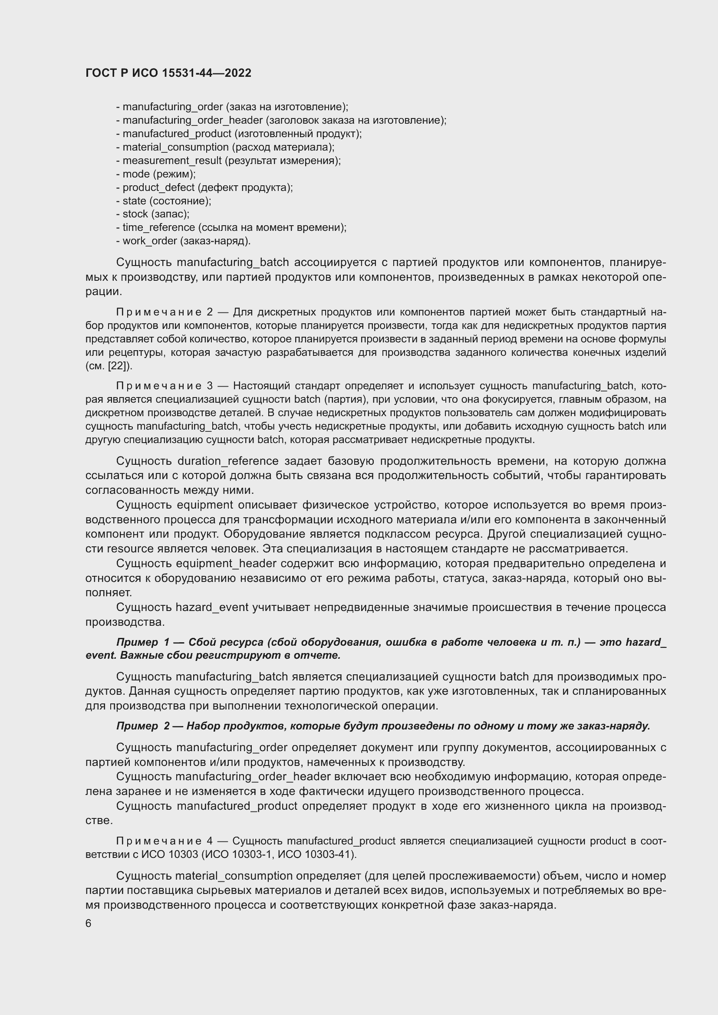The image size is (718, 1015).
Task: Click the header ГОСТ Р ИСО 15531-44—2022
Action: pyautogui.click(x=168, y=73)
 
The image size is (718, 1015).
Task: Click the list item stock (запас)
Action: pyautogui.click(x=152, y=214)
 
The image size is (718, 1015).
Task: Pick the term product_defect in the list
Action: pyautogui.click(x=158, y=187)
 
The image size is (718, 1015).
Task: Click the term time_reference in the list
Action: pyautogui.click(x=158, y=228)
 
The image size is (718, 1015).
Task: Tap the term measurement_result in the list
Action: pyautogui.click(x=172, y=161)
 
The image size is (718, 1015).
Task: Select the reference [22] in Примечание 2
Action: pyautogui.click(x=118, y=366)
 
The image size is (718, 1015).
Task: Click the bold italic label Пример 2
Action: pyautogui.click(x=143, y=726)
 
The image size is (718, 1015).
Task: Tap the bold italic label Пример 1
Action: pyautogui.click(x=143, y=642)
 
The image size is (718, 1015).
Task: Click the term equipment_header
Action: pyautogui.click(x=226, y=564)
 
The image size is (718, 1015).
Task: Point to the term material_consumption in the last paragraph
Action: pyautogui.click(x=234, y=876)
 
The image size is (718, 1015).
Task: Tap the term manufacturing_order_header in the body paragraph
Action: pyautogui.click(x=253, y=777)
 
